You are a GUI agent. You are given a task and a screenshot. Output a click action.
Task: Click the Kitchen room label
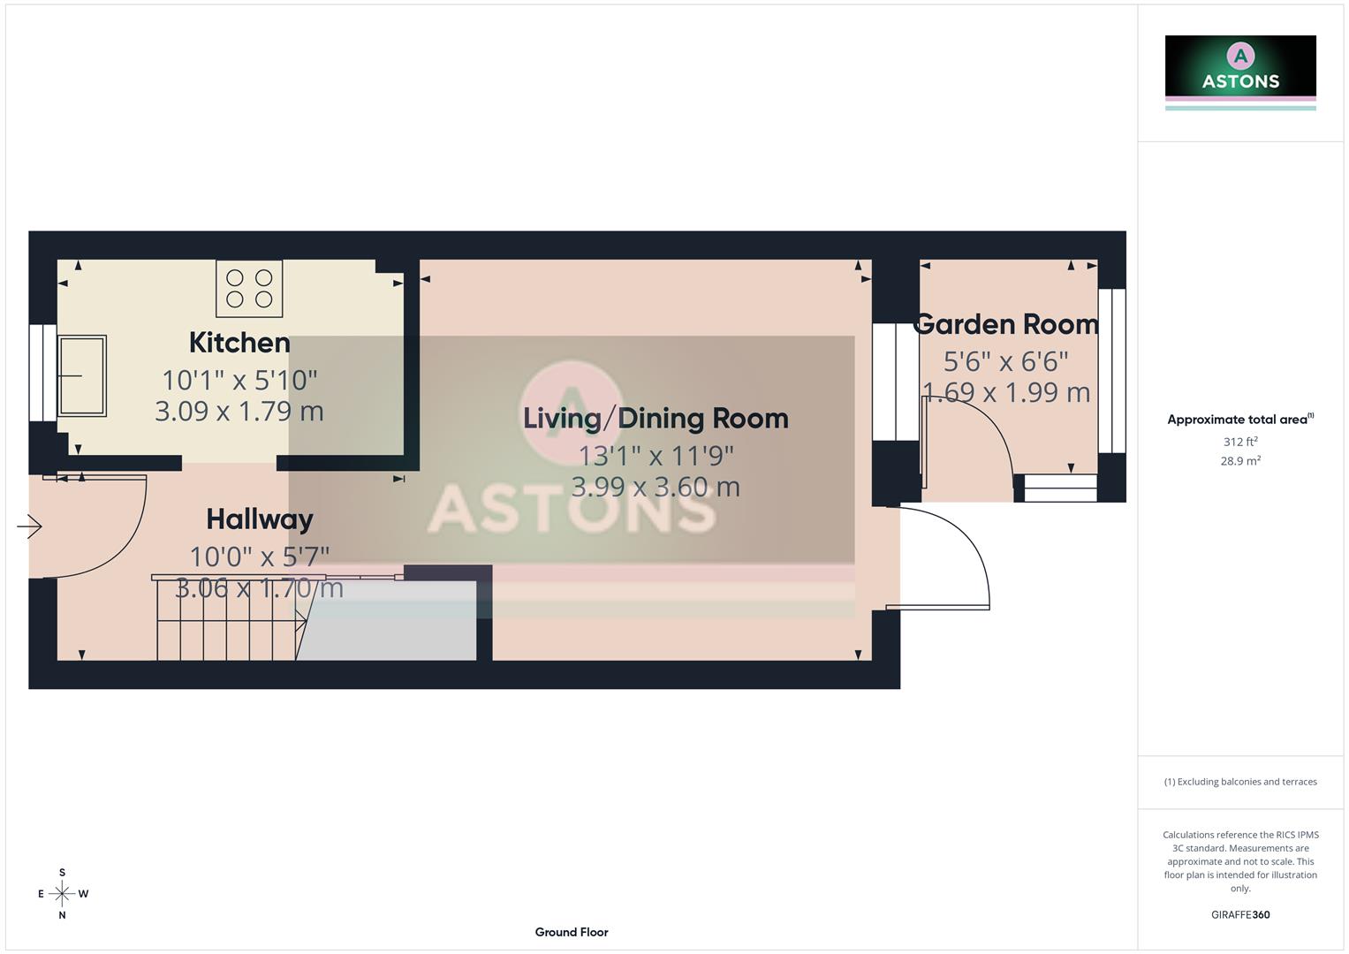239,343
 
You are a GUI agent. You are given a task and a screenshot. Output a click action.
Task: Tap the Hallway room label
260,519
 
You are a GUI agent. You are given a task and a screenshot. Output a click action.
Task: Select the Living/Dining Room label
656,418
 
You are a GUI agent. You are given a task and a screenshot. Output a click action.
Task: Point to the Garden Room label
1006,324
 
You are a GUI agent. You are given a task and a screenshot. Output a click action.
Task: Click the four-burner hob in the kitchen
249,288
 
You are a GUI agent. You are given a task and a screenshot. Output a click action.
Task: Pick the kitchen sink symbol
82,375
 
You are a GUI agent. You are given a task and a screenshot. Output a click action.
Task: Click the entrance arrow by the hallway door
29,527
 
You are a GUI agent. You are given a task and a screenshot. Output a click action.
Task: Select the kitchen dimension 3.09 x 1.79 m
239,411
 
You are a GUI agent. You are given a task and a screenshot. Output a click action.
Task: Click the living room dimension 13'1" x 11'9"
656,456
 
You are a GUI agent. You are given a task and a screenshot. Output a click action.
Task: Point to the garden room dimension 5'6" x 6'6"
1006,361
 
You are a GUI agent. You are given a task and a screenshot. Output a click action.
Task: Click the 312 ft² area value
1240,442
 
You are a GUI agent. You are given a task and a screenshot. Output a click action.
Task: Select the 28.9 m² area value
1240,461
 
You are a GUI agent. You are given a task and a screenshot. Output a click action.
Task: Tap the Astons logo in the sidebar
1240,71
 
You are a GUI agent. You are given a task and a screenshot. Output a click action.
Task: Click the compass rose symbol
62,894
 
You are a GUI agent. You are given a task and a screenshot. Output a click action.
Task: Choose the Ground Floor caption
572,932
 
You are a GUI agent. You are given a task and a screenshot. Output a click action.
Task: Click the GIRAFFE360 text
1240,915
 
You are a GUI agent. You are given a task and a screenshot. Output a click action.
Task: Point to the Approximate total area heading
1239,420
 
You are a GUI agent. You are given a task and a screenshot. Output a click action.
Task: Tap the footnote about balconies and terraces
1240,782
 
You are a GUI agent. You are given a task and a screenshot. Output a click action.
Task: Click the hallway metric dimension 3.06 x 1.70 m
259,588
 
